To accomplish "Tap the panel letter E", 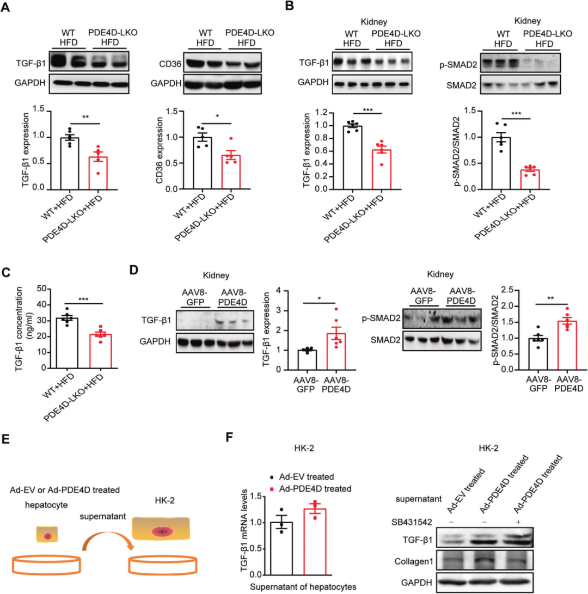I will [7, 425].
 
